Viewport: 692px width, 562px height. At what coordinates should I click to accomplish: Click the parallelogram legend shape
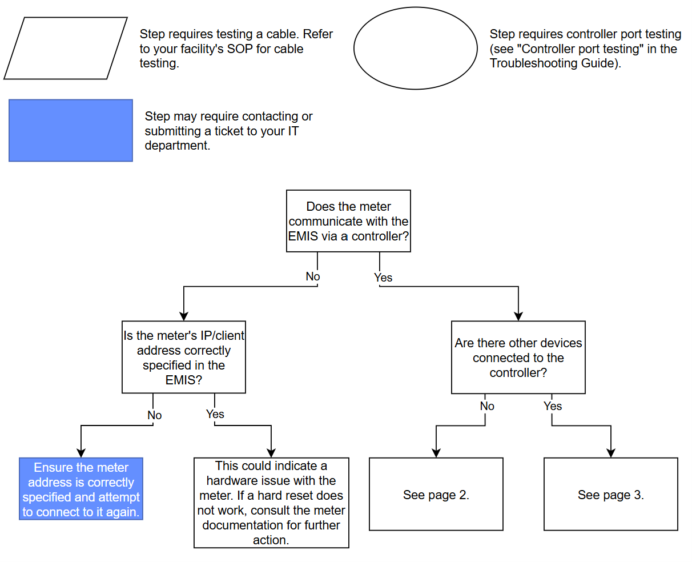pyautogui.click(x=65, y=48)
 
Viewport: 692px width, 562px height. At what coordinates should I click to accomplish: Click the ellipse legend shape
pyautogui.click(x=415, y=48)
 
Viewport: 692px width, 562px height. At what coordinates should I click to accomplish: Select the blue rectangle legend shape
pyautogui.click(x=71, y=130)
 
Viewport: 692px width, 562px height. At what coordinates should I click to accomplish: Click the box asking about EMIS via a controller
pyautogui.click(x=348, y=221)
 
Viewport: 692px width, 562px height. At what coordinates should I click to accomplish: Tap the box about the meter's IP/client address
pyautogui.click(x=184, y=357)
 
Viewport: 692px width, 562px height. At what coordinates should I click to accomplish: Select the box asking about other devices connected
pyautogui.click(x=518, y=358)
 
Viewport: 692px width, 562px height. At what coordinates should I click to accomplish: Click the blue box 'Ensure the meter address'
pyautogui.click(x=81, y=489)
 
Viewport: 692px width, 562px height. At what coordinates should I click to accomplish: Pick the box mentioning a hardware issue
pyautogui.click(x=271, y=503)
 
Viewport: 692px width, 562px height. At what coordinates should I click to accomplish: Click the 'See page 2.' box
pyautogui.click(x=436, y=495)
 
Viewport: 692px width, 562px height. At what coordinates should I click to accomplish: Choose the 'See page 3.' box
pyautogui.click(x=610, y=495)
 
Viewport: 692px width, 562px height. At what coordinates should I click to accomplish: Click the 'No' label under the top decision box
pyautogui.click(x=312, y=276)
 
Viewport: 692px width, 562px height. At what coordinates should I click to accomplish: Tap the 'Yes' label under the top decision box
pyautogui.click(x=383, y=278)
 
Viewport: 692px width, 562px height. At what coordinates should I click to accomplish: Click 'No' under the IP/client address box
pyautogui.click(x=154, y=415)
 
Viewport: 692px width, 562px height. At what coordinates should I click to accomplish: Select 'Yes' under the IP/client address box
pyautogui.click(x=215, y=414)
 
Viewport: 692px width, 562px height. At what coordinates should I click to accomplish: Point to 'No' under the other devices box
pyautogui.click(x=487, y=406)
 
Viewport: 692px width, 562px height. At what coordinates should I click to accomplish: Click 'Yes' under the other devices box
pyautogui.click(x=553, y=406)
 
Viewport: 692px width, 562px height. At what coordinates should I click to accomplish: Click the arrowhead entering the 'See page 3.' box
pyautogui.click(x=611, y=453)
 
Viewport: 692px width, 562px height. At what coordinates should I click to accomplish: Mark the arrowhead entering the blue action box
pyautogui.click(x=81, y=453)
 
